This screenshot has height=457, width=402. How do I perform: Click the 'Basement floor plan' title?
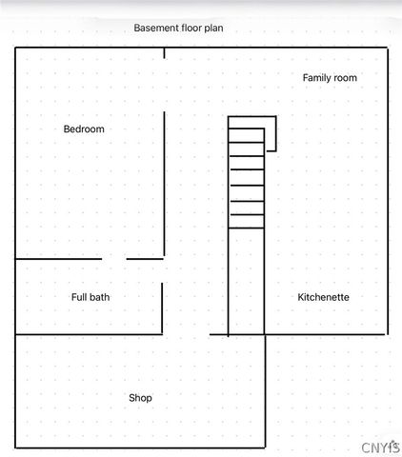pos(178,29)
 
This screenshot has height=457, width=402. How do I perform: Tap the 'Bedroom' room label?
pos(84,129)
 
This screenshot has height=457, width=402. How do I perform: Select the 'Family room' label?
pos(330,78)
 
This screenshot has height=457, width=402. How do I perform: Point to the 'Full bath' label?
pos(90,297)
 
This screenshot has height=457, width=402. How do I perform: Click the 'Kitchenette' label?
pos(323,297)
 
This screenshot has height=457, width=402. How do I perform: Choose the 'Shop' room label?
pos(140,398)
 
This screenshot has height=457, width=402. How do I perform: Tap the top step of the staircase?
pos(246,123)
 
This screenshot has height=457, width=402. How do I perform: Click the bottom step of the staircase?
pos(246,221)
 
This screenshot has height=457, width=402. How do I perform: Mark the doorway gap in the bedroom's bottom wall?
pos(114,258)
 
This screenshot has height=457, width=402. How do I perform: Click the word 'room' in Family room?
pos(345,78)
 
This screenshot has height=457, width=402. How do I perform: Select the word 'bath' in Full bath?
pos(99,297)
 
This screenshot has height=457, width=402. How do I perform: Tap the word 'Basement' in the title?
pos(156,29)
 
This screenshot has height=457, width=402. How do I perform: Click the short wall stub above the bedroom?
pos(164,51)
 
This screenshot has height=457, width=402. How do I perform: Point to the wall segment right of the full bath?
pos(162,308)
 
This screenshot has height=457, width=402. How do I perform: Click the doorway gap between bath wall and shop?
pos(186,334)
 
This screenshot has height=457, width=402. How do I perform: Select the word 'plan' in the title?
pos(212,29)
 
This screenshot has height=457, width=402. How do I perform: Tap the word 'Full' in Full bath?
pos(79,297)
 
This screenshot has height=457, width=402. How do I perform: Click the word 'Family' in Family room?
pos(316,78)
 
